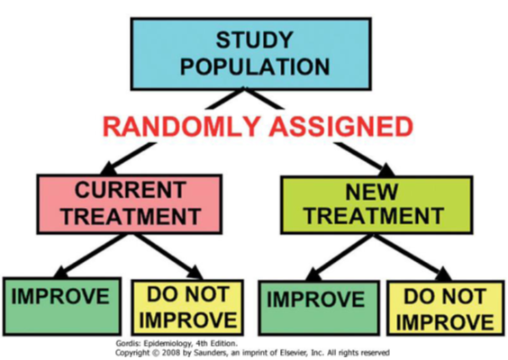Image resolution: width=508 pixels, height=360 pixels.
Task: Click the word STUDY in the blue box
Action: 254,40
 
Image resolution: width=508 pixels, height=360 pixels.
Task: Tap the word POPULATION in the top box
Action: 255,67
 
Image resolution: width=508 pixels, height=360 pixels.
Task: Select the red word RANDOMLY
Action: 181,126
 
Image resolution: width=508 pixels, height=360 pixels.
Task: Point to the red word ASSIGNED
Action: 341,126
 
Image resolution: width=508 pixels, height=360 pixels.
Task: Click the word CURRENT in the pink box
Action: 131,190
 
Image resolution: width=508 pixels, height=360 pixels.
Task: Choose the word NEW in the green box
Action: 371,192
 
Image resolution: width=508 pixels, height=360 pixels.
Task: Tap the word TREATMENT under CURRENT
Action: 132,216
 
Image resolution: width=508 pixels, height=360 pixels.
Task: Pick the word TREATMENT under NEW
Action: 374,216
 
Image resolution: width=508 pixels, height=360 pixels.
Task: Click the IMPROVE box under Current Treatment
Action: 62,306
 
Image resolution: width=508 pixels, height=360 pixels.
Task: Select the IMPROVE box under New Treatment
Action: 319,308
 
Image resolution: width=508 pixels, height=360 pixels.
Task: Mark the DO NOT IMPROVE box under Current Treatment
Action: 187,308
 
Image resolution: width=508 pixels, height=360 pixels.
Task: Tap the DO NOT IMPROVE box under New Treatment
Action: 446,308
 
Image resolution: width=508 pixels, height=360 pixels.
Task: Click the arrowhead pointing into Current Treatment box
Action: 109,168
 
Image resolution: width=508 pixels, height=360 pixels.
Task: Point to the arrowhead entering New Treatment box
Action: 386,169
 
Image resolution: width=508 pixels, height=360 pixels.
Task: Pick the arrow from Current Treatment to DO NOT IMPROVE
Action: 168,256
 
